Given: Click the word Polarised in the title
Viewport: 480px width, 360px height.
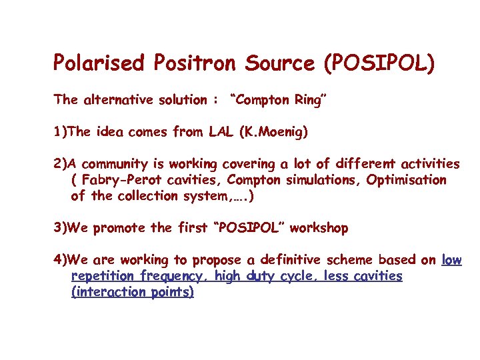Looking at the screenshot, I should (98, 63).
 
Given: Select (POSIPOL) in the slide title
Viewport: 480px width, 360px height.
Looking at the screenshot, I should (379, 63).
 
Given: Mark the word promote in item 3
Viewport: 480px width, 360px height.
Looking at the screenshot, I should (119, 228).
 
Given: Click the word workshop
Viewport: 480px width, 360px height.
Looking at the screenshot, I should (319, 228).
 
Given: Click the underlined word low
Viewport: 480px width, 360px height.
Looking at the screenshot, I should (452, 260).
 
